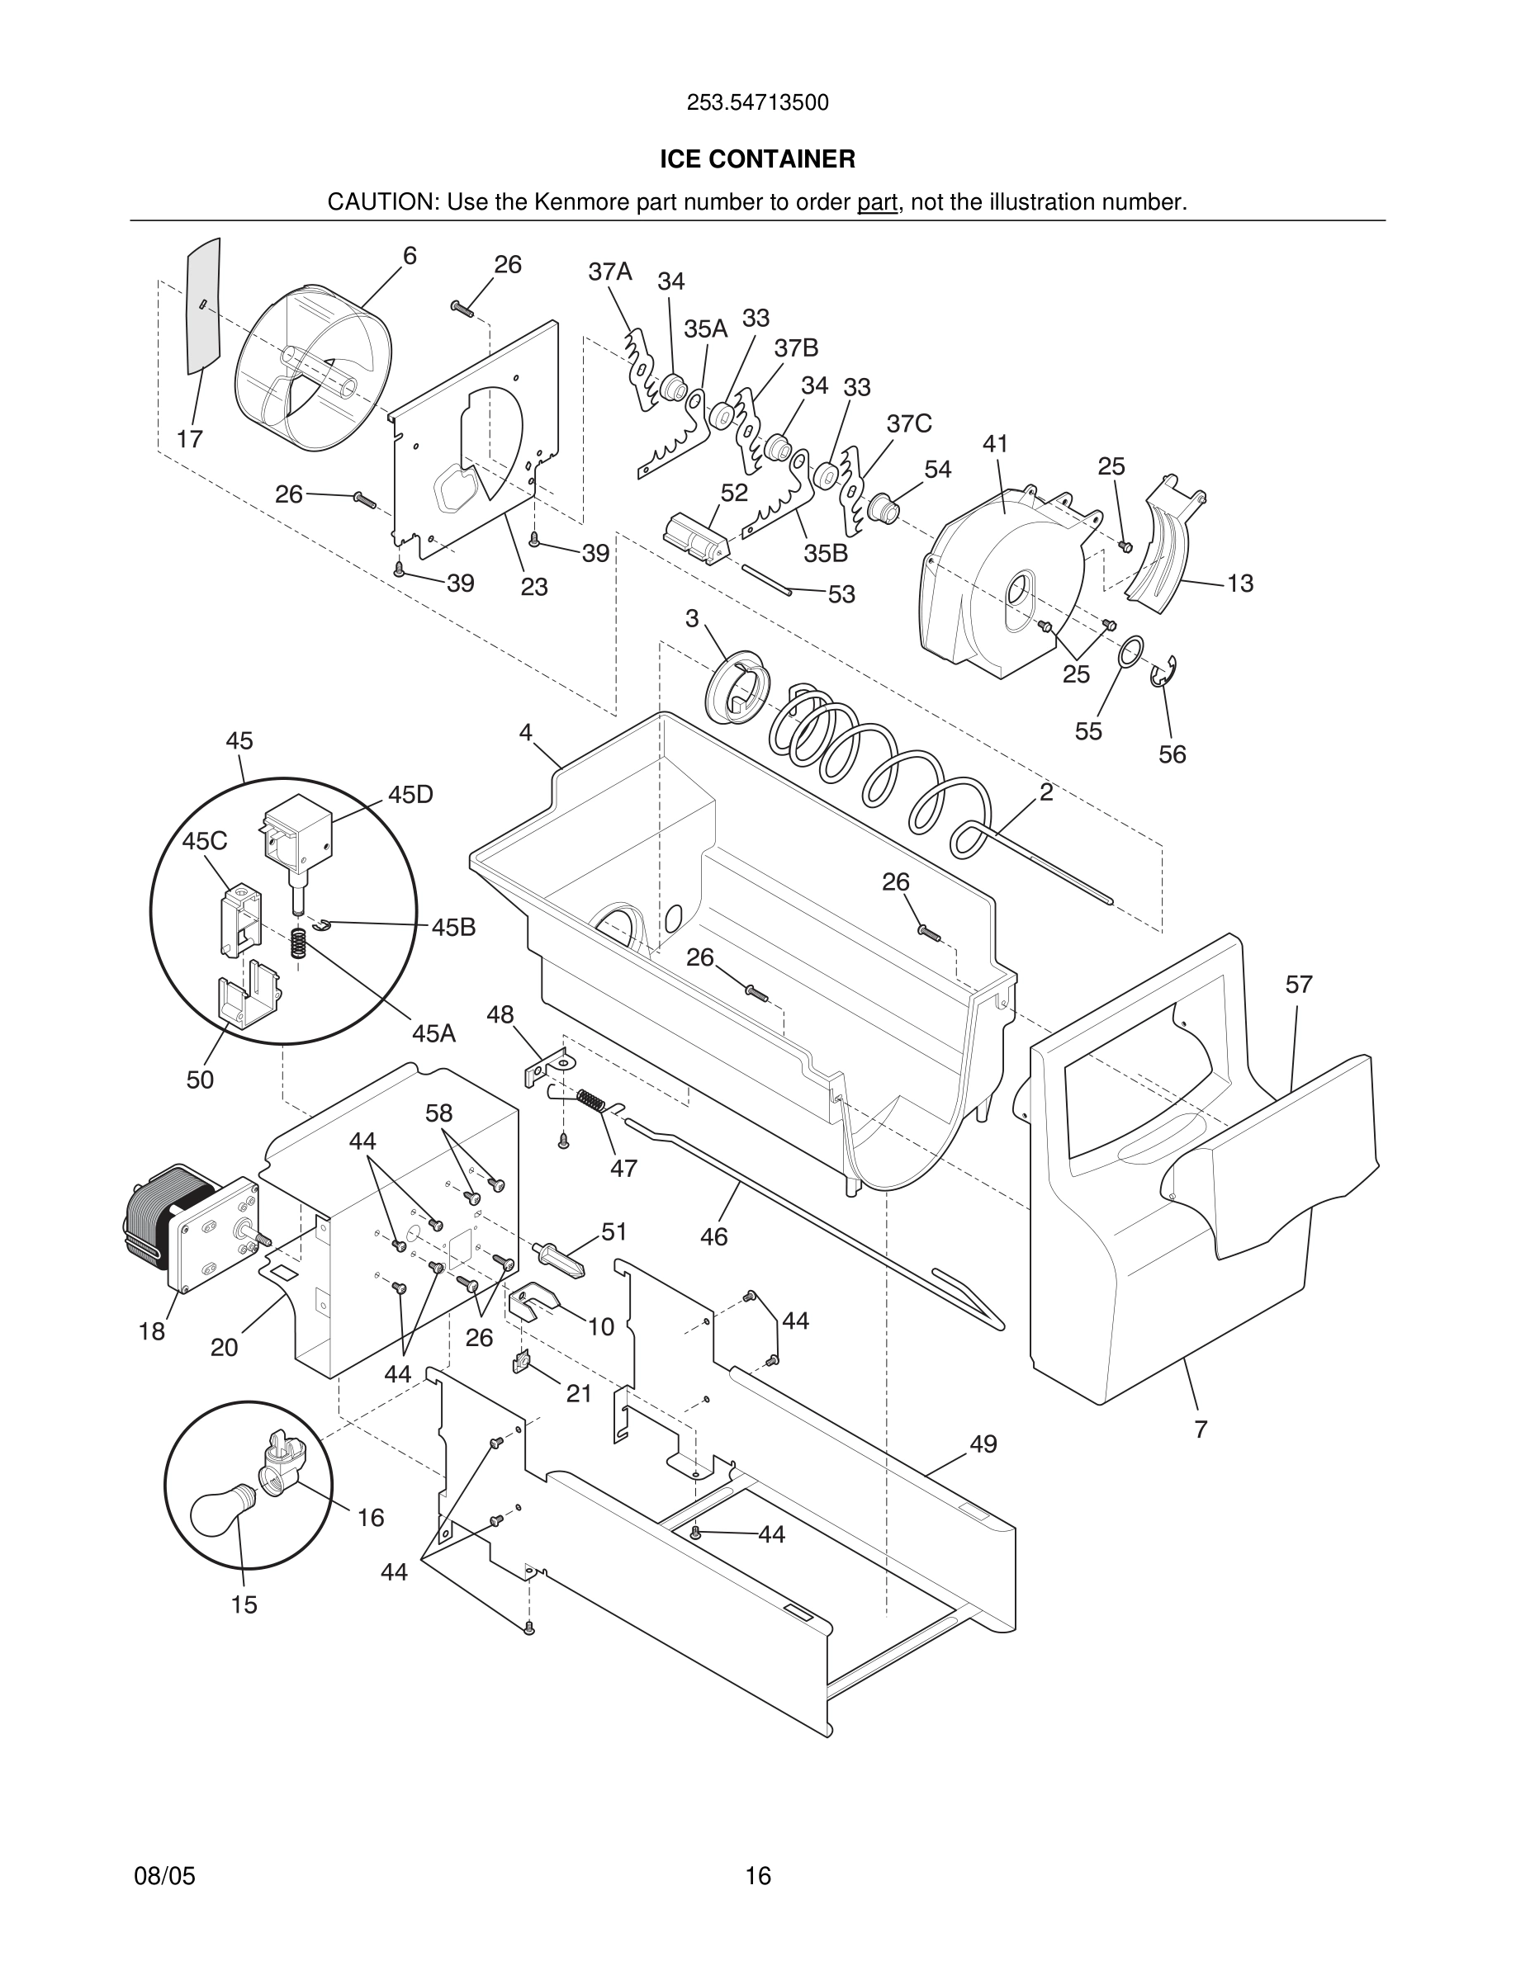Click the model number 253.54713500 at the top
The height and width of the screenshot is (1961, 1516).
click(x=757, y=103)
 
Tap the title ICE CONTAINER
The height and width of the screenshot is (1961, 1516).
click(x=757, y=160)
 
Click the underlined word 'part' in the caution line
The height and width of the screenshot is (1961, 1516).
click(x=878, y=203)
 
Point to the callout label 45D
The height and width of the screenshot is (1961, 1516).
click(x=410, y=795)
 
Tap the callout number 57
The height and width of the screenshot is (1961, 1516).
click(x=1299, y=985)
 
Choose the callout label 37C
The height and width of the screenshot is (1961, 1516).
click(x=909, y=423)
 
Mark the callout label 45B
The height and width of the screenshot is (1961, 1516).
click(x=453, y=928)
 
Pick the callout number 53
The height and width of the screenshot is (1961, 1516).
click(x=841, y=594)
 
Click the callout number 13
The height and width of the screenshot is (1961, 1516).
click(x=1239, y=584)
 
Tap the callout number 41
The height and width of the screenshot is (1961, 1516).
click(x=995, y=445)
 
